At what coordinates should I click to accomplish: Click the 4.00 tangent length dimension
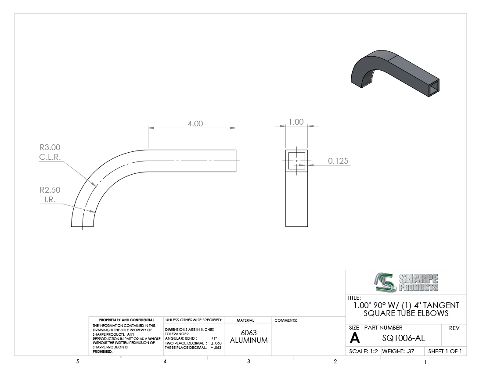pyautogui.click(x=195, y=124)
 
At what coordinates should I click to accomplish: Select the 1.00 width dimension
pyautogui.click(x=296, y=122)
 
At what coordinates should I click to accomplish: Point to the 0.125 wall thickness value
pyautogui.click(x=338, y=161)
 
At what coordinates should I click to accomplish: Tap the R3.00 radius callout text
pyautogui.click(x=50, y=147)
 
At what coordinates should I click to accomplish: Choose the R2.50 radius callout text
pyautogui.click(x=50, y=190)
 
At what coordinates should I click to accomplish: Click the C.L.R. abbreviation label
pyautogui.click(x=50, y=157)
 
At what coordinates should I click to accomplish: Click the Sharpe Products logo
pyautogui.click(x=406, y=282)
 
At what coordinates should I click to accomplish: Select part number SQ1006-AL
pyautogui.click(x=403, y=338)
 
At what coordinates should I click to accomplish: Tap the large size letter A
pyautogui.click(x=355, y=338)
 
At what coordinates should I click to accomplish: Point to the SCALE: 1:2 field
pyautogui.click(x=364, y=351)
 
